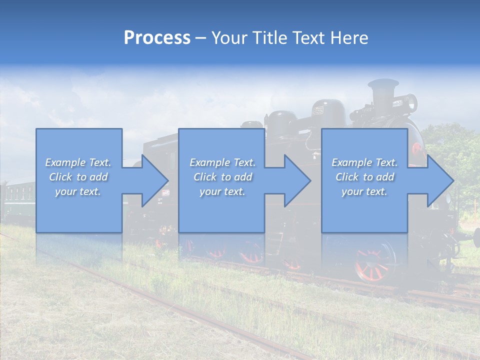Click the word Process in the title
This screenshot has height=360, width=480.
(157, 37)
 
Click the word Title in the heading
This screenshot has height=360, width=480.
(268, 37)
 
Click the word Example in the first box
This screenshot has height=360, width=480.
(65, 162)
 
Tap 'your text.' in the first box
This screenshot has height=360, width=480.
(78, 191)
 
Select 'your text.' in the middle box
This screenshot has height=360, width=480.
(222, 191)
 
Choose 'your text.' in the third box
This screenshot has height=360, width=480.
(364, 191)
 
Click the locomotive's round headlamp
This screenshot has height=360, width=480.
(411, 103)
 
